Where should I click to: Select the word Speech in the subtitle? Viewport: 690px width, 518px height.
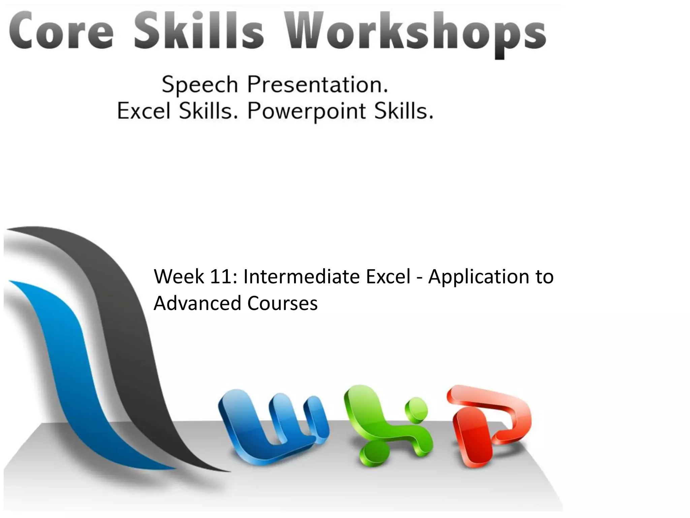(200, 85)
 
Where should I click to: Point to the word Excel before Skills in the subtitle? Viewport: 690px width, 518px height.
(144, 111)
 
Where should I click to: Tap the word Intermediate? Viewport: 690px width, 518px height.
(302, 277)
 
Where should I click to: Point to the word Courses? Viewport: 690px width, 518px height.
(282, 303)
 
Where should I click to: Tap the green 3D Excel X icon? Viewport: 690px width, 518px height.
(387, 426)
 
